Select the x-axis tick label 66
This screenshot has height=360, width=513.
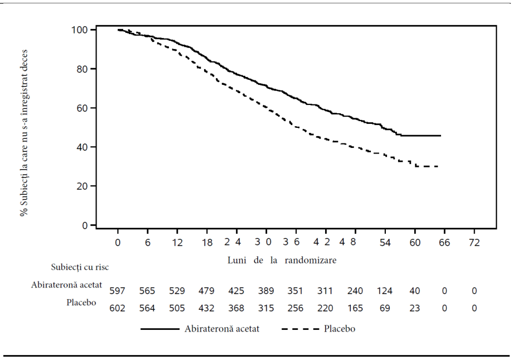pos(444,243)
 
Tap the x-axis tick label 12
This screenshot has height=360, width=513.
pos(177,243)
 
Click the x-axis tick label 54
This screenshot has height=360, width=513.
pos(385,243)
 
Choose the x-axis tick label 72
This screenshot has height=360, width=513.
pos(474,243)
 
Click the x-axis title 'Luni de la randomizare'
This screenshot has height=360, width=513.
pos(282,260)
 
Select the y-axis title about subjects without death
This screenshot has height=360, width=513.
pos(24,133)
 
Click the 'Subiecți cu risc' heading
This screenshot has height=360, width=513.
pos(80,267)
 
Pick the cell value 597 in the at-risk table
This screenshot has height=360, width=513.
pos(117,291)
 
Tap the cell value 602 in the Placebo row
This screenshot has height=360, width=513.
pos(117,308)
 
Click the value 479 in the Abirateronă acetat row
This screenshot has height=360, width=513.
pos(206,291)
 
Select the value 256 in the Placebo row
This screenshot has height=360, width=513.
pos(296,308)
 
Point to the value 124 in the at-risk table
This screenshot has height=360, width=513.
pos(384,291)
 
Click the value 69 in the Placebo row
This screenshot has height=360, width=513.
pos(385,308)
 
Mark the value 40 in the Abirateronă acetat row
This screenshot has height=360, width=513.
pos(414,291)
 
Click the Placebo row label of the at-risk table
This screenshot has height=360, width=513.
pos(81,303)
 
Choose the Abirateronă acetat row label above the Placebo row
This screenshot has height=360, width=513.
pos(67,285)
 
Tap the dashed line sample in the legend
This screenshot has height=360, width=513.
pos(301,329)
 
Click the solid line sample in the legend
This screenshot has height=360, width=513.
pos(160,329)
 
